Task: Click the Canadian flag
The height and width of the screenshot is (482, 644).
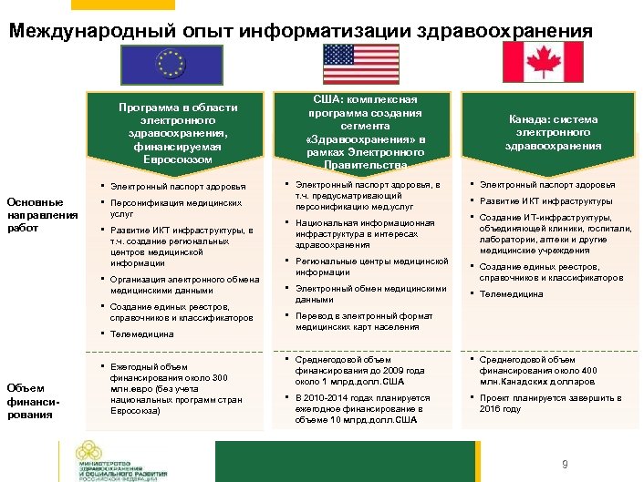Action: point(553,63)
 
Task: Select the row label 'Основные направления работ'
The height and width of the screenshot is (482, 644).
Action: point(35,215)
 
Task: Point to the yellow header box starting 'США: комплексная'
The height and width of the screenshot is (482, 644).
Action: point(364,132)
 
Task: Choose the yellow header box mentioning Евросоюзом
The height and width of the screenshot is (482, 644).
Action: point(177,133)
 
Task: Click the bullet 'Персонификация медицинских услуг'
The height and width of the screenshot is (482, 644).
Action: point(173,207)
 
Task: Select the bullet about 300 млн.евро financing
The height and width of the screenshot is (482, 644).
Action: point(168,390)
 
